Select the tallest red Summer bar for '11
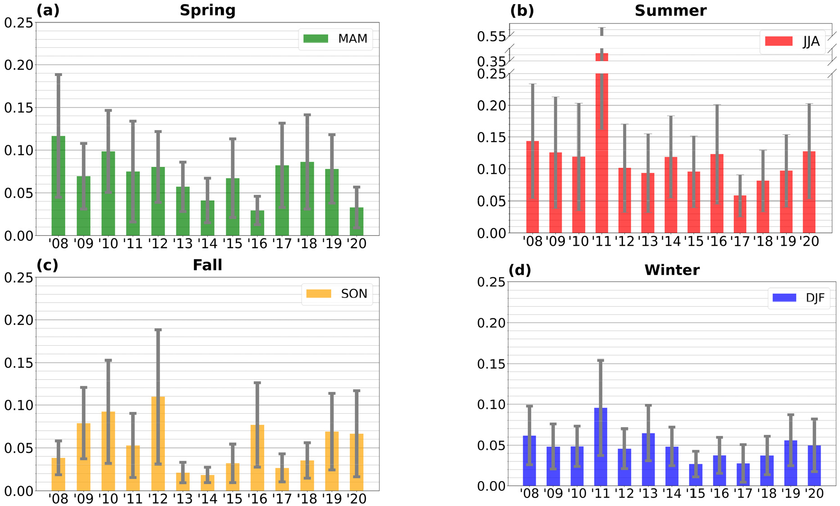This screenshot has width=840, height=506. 602,149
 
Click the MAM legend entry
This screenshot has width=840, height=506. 336,39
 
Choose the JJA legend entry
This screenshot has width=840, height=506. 793,42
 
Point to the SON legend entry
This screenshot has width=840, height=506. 337,294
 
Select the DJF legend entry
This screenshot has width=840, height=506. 799,298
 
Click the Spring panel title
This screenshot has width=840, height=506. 208,10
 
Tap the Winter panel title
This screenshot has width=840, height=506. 672,270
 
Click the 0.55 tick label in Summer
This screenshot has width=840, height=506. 492,36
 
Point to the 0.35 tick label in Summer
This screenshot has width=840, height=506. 492,62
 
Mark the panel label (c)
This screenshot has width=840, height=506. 47,265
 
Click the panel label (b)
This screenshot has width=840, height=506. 522,10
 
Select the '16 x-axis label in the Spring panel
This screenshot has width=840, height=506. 257,244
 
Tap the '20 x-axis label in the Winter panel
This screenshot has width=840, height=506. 814,494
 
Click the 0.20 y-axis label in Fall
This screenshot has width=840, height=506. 18,320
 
